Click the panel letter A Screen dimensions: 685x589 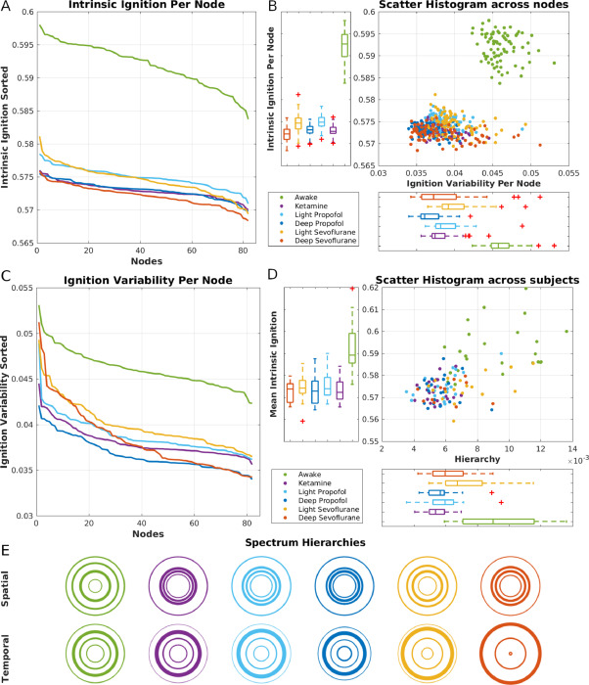tap(6, 8)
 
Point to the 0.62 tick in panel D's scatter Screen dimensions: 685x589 tap(368, 288)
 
